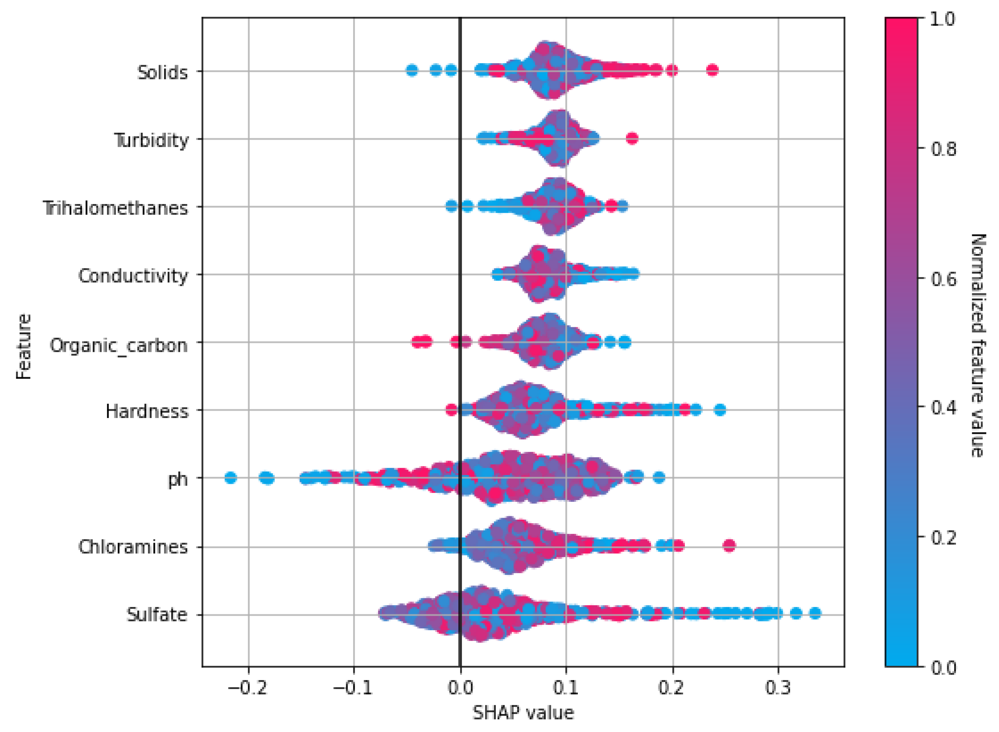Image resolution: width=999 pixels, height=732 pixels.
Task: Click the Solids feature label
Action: pos(162,72)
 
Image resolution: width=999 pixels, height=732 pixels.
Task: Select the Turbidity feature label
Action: pos(152,140)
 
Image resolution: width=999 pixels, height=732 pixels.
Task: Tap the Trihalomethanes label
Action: pos(115,208)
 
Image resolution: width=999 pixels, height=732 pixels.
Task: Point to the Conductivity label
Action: pos(133,276)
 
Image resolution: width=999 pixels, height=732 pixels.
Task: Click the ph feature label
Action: pos(178,479)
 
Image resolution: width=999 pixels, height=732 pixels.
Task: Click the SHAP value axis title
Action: pos(523,713)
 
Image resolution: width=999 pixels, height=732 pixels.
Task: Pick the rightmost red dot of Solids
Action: pos(712,70)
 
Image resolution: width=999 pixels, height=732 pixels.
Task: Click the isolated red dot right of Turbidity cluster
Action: pos(632,138)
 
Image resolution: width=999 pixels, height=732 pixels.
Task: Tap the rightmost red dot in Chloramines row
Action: pos(729,546)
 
